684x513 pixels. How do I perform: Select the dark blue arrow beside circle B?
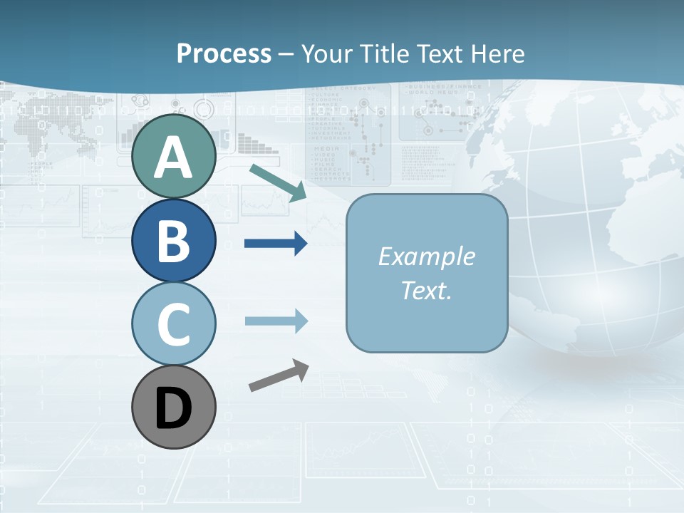(276, 244)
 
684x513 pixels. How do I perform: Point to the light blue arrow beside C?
(276, 321)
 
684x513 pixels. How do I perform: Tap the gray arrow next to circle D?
(279, 375)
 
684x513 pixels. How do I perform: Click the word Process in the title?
(224, 53)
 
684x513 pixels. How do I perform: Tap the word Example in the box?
(426, 256)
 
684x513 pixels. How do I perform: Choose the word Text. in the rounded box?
(426, 291)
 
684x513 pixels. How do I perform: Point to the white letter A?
(173, 157)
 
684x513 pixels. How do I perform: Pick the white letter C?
(173, 324)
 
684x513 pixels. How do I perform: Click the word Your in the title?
(325, 53)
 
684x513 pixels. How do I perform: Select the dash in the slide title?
(286, 54)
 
